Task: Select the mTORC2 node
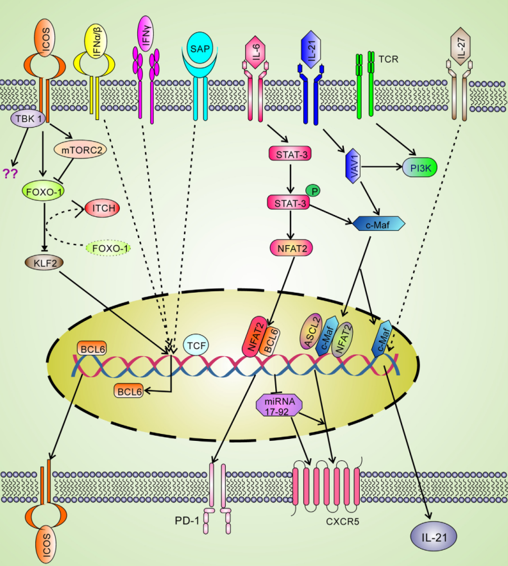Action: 76,151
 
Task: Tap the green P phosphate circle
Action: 314,190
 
